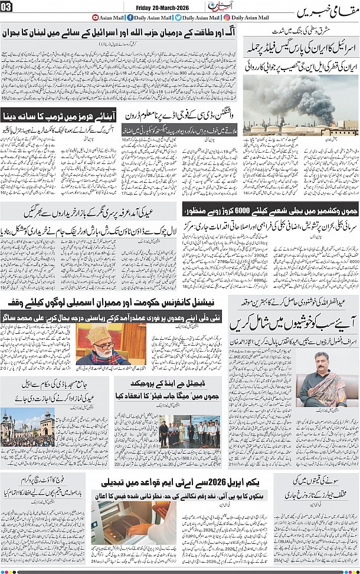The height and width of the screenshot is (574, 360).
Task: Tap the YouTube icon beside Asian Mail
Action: (96, 18)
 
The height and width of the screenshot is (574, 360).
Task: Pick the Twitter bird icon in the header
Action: (178, 18)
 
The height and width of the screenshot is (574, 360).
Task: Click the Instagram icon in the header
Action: (227, 18)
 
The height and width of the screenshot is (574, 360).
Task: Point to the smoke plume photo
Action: (301, 104)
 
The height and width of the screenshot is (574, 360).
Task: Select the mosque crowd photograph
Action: (28, 427)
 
